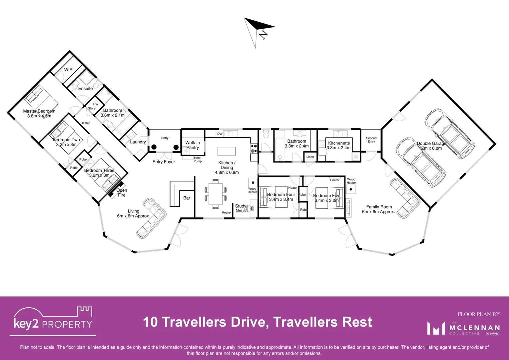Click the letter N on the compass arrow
263,34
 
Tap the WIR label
68,70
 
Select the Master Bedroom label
39,111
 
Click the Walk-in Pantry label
193,145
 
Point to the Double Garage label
431,143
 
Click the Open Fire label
122,193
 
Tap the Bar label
187,198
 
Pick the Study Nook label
241,208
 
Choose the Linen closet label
310,157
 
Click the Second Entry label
371,140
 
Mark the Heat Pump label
198,160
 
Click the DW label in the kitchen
220,134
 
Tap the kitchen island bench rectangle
227,151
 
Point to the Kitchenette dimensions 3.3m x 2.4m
338,148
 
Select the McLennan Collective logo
464,328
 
